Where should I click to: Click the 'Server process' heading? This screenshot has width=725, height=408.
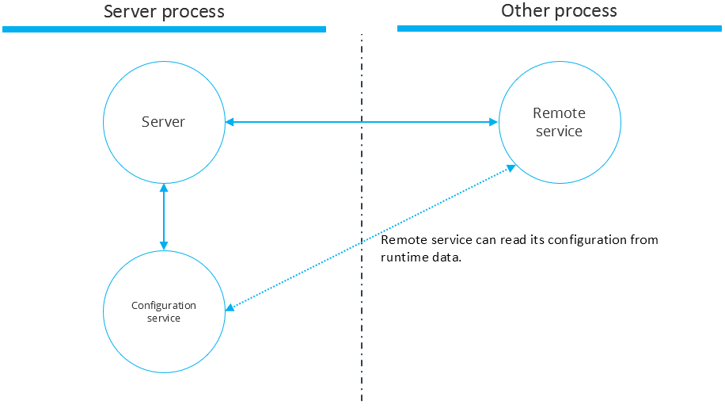[164, 12]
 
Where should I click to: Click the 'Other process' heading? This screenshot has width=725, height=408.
[559, 11]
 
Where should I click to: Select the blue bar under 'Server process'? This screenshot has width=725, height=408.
[164, 29]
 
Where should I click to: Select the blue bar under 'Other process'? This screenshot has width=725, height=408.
[559, 29]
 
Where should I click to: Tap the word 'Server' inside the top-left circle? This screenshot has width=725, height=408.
[163, 122]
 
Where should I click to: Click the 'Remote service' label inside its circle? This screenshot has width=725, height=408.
[559, 122]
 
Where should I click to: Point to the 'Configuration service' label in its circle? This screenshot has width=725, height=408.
[164, 311]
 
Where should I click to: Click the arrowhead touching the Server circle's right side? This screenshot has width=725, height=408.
[230, 122]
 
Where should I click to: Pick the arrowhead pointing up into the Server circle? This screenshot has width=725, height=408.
[164, 188]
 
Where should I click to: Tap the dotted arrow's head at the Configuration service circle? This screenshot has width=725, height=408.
[230, 308]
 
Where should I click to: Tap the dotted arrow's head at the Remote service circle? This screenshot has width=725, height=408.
[512, 168]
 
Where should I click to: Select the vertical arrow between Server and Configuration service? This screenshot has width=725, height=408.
[164, 216]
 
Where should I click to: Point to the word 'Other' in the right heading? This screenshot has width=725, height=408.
[524, 11]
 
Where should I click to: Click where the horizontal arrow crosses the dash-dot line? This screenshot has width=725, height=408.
[362, 122]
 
